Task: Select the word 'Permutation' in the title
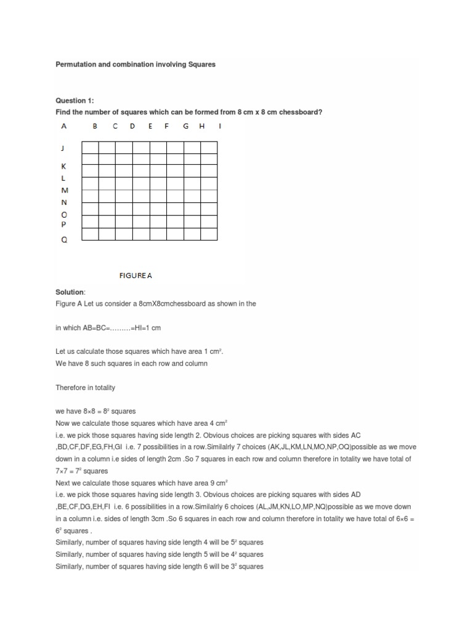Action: point(78,65)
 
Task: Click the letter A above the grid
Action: point(63,127)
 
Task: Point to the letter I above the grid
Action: point(220,127)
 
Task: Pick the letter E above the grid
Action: point(150,127)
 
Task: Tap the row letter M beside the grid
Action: point(65,191)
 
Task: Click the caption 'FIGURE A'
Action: point(135,276)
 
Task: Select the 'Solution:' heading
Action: point(71,292)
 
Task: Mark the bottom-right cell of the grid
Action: point(209,234)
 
